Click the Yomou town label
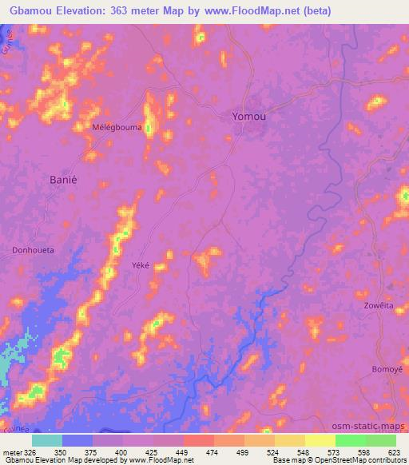pos(248,116)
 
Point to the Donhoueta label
pos(34,250)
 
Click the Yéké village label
pos(139,267)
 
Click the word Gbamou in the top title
pos(34,12)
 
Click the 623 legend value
pos(395,452)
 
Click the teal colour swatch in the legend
pos(47,440)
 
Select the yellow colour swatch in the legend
pos(320,440)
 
